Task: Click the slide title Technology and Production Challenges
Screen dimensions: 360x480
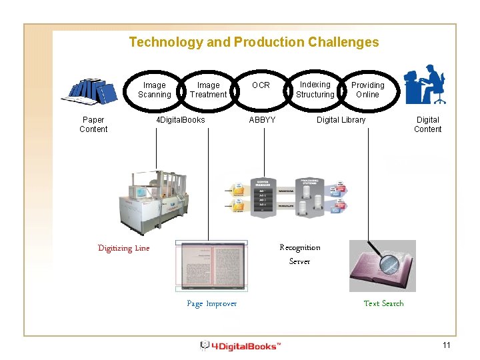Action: (253, 43)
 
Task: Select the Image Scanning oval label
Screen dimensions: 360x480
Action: (154, 90)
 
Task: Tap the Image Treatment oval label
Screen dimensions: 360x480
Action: (208, 90)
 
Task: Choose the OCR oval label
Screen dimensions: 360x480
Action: (261, 85)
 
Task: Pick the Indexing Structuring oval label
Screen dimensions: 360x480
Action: (315, 90)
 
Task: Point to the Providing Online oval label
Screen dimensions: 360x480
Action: (367, 90)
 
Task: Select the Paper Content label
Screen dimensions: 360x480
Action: (93, 125)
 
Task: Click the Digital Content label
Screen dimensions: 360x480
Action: (427, 125)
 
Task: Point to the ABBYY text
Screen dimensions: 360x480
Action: (262, 120)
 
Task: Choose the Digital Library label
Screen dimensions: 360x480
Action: (341, 120)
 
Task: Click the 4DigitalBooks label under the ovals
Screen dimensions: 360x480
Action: (180, 120)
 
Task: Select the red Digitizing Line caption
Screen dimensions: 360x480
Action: (124, 248)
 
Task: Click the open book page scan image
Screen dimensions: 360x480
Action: (211, 265)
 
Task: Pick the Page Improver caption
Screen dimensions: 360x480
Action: (211, 303)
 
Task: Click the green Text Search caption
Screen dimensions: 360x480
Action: (383, 303)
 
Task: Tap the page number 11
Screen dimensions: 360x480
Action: (447, 345)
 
